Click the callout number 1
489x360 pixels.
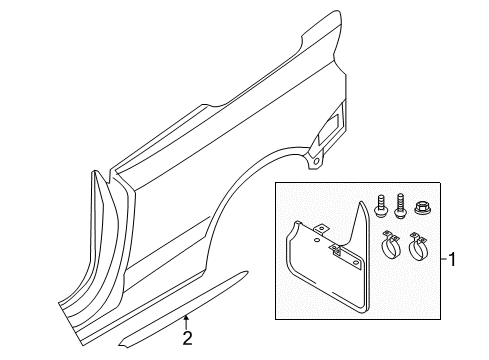point(452,259)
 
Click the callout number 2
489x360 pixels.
point(188,338)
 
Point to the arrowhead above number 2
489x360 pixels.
point(187,318)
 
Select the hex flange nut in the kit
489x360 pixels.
point(422,208)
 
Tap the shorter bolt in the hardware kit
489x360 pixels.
point(380,207)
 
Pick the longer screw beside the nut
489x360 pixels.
point(400,206)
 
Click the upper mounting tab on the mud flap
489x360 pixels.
point(322,229)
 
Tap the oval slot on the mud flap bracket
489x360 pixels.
point(357,263)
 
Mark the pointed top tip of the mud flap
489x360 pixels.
point(361,202)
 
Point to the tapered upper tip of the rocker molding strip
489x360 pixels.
point(247,272)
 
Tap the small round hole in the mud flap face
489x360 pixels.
point(316,240)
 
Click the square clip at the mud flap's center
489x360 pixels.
point(335,250)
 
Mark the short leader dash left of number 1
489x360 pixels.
point(444,259)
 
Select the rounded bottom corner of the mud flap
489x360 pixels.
point(363,309)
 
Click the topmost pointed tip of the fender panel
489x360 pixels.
point(338,12)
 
